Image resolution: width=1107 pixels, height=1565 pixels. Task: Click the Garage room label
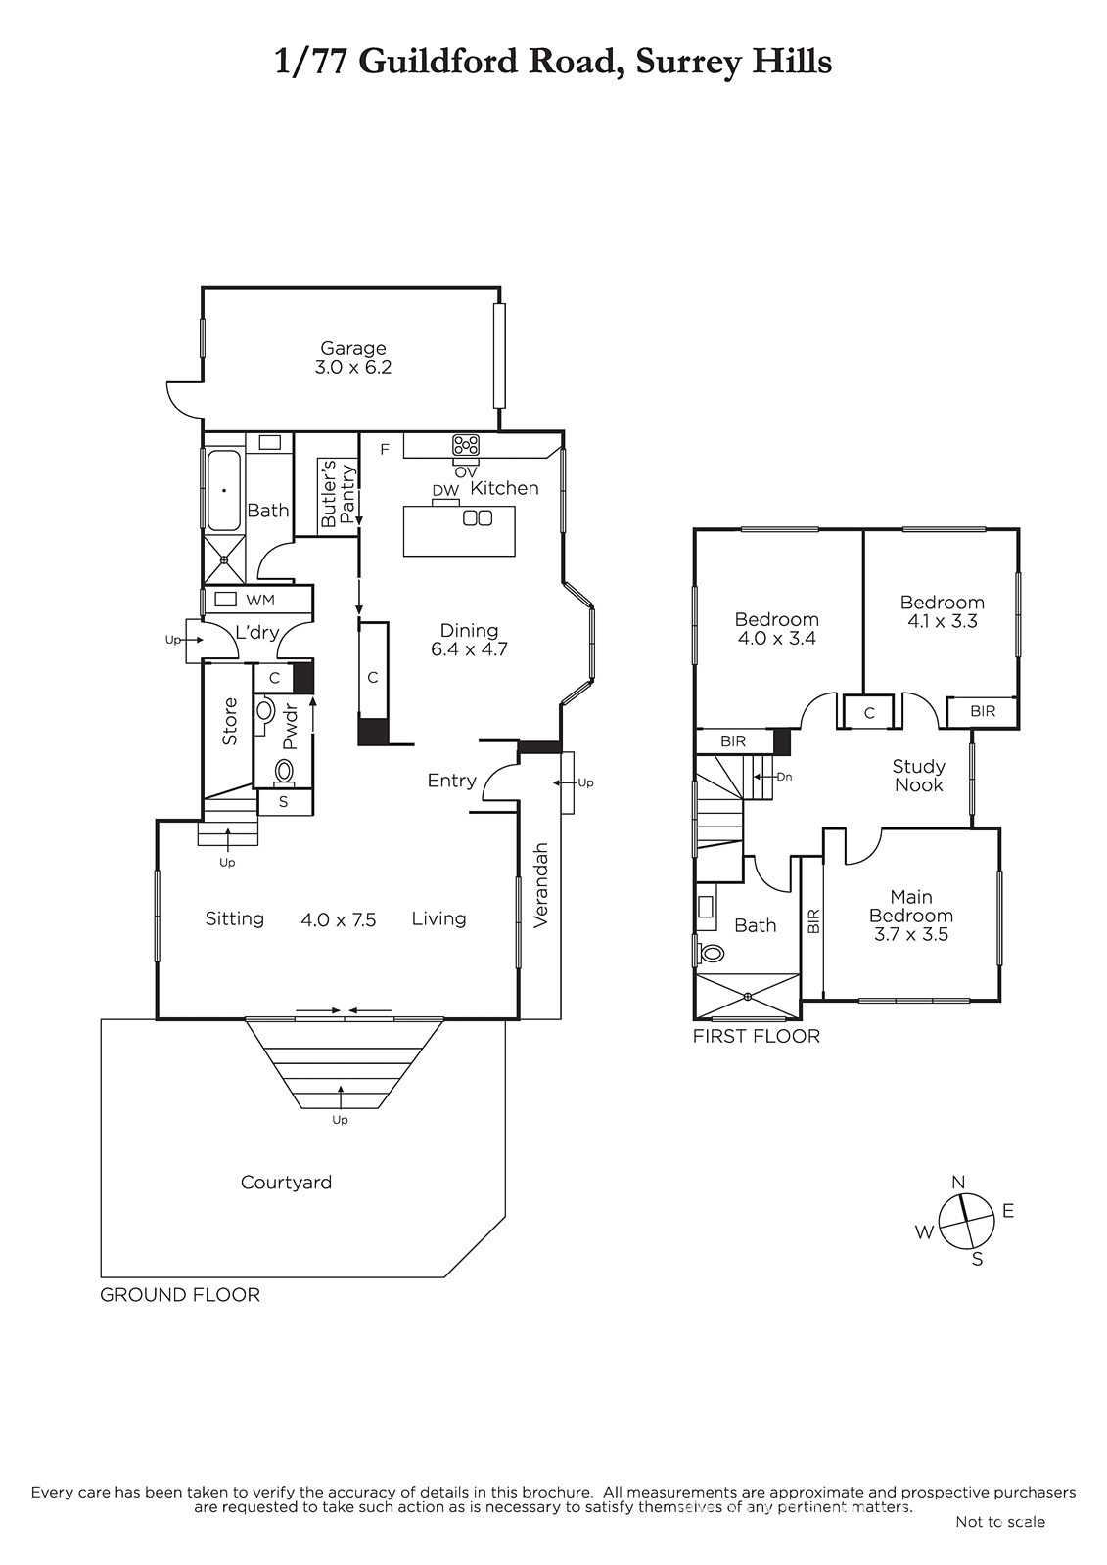[x=352, y=348]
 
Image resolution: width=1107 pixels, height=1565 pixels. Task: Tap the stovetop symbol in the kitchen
[x=466, y=445]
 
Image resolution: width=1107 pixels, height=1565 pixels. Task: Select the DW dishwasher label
[x=445, y=491]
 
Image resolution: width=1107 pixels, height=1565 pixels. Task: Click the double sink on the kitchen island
[x=478, y=517]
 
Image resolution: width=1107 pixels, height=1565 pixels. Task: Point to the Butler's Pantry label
[x=338, y=493]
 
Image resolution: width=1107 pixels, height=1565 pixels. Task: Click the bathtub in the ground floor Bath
[x=224, y=490]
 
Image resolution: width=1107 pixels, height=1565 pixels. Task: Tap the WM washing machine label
[x=260, y=600]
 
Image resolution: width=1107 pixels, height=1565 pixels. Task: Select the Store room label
[x=229, y=721]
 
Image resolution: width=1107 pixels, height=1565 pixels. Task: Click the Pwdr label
[x=290, y=728]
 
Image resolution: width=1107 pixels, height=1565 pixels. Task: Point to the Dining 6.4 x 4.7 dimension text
[x=469, y=649]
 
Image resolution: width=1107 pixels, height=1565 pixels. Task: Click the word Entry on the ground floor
[x=452, y=781]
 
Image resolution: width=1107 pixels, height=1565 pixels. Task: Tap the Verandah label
[x=540, y=885]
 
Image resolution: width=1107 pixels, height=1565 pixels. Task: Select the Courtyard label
[x=286, y=1183]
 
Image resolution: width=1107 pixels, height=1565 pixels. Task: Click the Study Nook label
[x=918, y=776]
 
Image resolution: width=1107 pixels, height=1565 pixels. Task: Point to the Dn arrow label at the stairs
[x=784, y=777]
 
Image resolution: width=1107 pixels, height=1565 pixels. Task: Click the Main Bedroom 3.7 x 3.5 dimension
[x=911, y=934]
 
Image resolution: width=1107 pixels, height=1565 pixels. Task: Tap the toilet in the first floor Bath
[x=711, y=952]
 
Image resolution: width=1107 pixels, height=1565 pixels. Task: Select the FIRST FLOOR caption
[x=756, y=1036]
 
